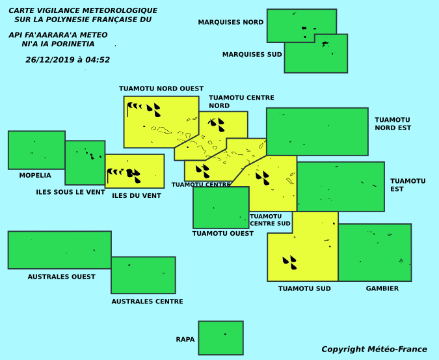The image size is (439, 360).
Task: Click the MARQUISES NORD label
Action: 231,22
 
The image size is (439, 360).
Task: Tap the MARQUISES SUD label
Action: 252,54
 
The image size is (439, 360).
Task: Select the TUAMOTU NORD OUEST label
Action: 161,89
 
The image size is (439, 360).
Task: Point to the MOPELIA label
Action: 35,175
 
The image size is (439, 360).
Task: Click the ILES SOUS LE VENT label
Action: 70,192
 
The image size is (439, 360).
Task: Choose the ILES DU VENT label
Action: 137,196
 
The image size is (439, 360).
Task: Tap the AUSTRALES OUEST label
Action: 61,277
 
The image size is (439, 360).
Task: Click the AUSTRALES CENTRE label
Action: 147,301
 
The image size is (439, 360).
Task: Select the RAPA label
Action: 185,340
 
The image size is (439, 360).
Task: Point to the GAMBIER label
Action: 382,288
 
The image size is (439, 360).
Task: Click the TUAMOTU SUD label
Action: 304,288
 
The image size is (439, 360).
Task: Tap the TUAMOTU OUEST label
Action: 223,233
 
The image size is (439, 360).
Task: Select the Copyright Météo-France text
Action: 374,349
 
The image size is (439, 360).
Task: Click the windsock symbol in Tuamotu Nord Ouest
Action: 135,109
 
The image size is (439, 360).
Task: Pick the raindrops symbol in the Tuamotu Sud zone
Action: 290,262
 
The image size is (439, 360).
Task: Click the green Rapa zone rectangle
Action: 221,338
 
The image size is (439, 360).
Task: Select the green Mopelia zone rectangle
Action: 36,150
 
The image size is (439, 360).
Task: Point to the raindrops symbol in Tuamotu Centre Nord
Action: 217,125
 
